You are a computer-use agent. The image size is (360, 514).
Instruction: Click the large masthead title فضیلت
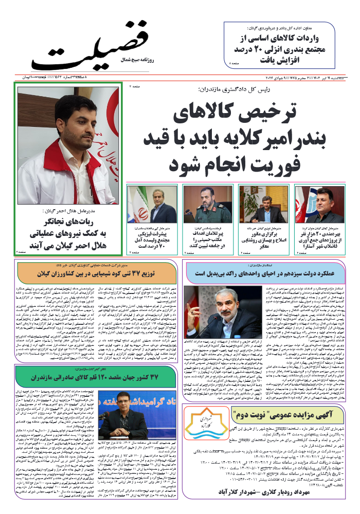click(x=90, y=47)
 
